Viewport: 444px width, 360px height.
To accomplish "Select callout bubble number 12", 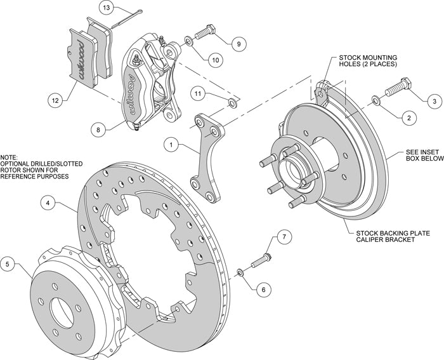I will click(x=56, y=99).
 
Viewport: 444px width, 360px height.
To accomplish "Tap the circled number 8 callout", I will click(x=98, y=130).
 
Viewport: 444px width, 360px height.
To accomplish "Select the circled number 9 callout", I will click(x=238, y=44).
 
